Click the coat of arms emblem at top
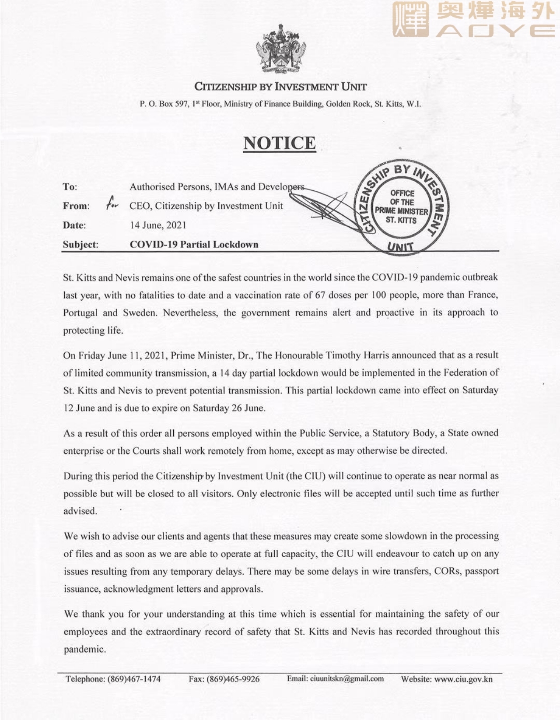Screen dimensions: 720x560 tap(280, 49)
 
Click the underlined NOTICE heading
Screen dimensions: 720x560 tap(280, 143)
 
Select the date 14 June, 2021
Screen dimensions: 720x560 tap(158, 225)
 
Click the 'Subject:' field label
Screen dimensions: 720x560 tap(80, 244)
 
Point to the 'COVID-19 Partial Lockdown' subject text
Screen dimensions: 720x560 tap(194, 244)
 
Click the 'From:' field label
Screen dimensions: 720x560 tap(76, 206)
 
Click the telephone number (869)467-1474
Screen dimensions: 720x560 tap(134, 679)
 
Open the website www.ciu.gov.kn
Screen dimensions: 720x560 tap(463, 679)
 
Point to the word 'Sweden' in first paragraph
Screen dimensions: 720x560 tap(139, 313)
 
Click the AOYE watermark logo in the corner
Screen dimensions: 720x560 tap(473, 20)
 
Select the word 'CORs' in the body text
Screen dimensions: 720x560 tap(446, 571)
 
